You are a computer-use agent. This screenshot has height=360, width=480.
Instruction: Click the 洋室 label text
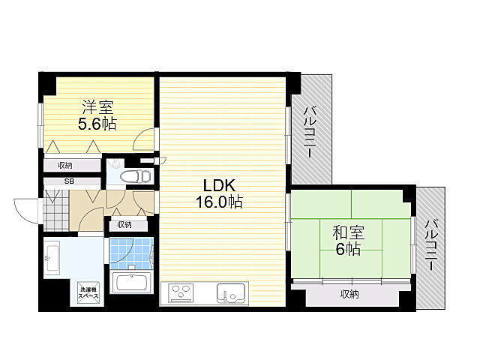(x=97, y=107)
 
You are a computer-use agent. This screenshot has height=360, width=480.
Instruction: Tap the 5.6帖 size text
(x=97, y=124)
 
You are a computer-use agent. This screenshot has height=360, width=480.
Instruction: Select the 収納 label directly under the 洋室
(x=64, y=166)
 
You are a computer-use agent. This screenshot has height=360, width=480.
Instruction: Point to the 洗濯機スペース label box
(x=85, y=292)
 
